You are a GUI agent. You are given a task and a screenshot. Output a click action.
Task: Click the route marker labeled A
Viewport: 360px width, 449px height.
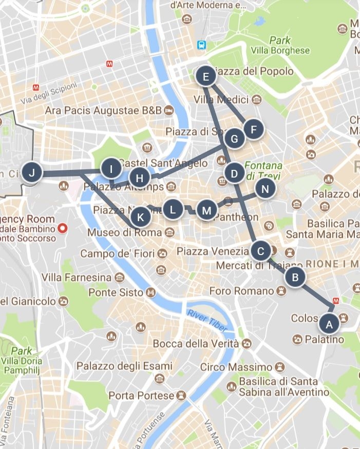(329, 324)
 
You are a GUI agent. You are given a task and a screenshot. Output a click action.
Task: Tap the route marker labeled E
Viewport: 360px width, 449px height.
(206, 77)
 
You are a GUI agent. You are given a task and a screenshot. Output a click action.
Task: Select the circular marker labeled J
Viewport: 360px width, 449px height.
(32, 173)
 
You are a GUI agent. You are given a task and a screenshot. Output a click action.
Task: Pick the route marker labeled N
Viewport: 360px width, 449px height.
(265, 189)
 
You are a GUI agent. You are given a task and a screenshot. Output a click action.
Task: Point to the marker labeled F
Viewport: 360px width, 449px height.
(253, 130)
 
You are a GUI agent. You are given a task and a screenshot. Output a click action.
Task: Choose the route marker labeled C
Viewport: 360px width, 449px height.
(261, 251)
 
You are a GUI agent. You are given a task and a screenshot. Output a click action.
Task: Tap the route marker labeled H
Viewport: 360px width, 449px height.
(139, 178)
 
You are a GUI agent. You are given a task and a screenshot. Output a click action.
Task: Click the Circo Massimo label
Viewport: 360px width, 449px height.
(236, 367)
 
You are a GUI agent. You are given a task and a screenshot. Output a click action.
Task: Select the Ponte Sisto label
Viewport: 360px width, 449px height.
(116, 292)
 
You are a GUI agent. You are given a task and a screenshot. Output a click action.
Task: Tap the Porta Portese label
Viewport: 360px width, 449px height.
(141, 396)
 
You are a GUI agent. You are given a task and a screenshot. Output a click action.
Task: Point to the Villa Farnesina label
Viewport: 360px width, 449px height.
(77, 278)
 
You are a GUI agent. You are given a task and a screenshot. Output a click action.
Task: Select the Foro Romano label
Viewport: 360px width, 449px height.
(242, 291)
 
